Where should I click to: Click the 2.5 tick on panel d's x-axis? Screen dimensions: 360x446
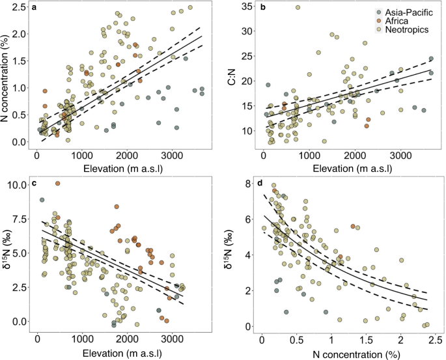[x=435, y=339]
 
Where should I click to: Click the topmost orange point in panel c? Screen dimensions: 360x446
[x=57, y=184]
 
